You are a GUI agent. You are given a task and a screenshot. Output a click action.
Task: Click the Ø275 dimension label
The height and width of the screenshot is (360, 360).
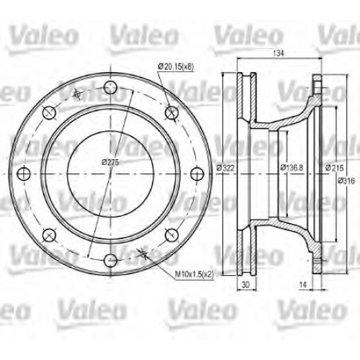click(x=110, y=162)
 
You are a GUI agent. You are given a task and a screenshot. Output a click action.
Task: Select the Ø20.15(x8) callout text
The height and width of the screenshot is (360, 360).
click(x=176, y=66)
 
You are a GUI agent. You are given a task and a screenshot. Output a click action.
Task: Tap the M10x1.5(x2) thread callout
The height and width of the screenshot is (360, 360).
click(x=194, y=274)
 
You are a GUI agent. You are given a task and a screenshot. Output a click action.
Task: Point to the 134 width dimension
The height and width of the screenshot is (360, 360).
click(x=279, y=53)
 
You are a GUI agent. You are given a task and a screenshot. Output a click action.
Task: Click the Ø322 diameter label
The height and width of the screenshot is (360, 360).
click(x=225, y=168)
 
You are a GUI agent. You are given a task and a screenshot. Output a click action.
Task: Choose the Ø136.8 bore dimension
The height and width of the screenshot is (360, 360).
click(x=292, y=167)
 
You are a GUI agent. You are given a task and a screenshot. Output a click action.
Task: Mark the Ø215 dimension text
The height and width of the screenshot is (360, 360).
click(x=335, y=168)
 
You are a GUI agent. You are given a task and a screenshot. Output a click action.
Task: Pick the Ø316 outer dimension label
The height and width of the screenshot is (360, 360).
click(x=346, y=181)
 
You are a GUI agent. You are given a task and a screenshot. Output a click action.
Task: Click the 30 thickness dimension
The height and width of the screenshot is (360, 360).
click(x=246, y=284)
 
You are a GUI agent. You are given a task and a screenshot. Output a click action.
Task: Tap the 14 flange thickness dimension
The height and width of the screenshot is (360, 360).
click(x=303, y=284)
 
